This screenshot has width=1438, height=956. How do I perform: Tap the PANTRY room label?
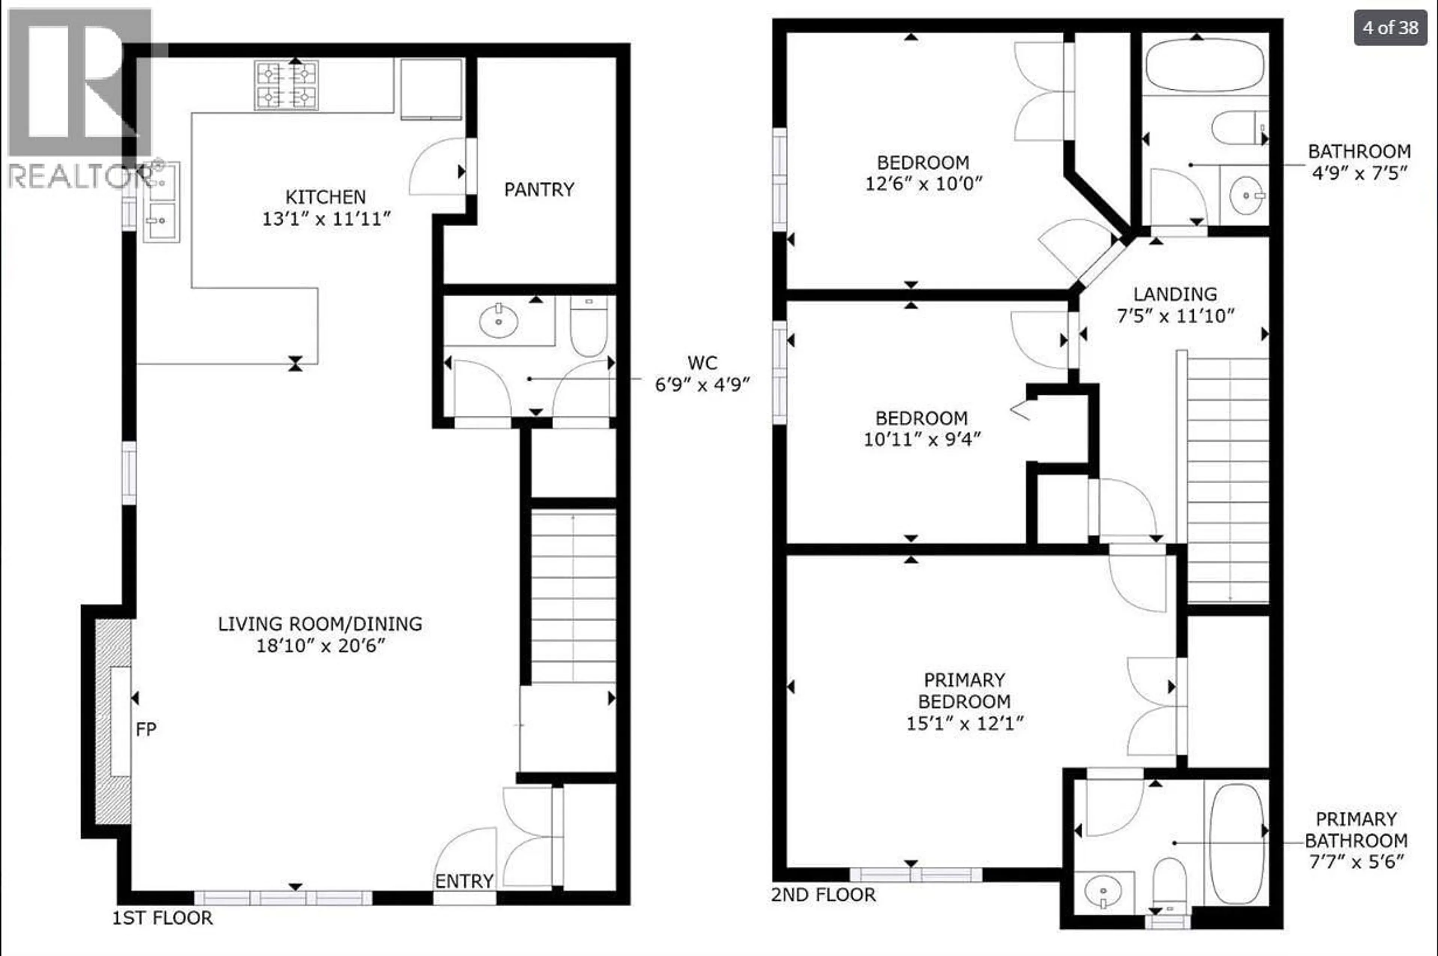coord(539,190)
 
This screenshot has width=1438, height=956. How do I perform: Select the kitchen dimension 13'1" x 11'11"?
coord(326,219)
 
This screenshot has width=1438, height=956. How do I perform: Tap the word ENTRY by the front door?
coord(464,881)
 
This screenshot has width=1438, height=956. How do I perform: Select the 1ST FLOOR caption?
coord(162,917)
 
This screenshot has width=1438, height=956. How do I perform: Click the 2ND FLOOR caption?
coord(823,895)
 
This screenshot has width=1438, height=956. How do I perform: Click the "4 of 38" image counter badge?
coord(1390,27)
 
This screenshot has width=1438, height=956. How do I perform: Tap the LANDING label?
coord(1175,294)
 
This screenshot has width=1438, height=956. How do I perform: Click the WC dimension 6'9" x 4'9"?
coord(702,385)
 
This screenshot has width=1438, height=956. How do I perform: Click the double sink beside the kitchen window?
coord(161,202)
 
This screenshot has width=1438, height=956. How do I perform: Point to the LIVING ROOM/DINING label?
coord(320,624)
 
